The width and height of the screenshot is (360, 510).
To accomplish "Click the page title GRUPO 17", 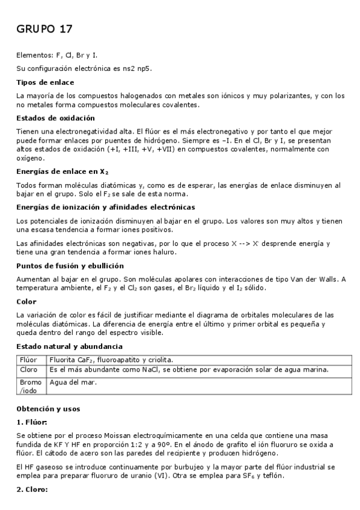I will coord(44,29).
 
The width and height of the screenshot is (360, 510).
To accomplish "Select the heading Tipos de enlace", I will coord(45,82).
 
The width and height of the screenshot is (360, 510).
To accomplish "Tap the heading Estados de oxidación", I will coord(55,118).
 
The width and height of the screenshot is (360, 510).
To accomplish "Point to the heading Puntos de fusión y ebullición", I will coord(70,265).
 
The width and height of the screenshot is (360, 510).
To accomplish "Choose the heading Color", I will coord(26,301).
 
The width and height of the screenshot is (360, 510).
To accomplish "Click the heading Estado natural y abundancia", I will coord(69,346).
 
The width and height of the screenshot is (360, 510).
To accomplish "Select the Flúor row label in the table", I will coord(28,360).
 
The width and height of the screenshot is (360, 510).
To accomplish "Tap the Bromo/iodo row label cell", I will coord(31,386).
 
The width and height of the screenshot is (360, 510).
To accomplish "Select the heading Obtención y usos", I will coord(48,408).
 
